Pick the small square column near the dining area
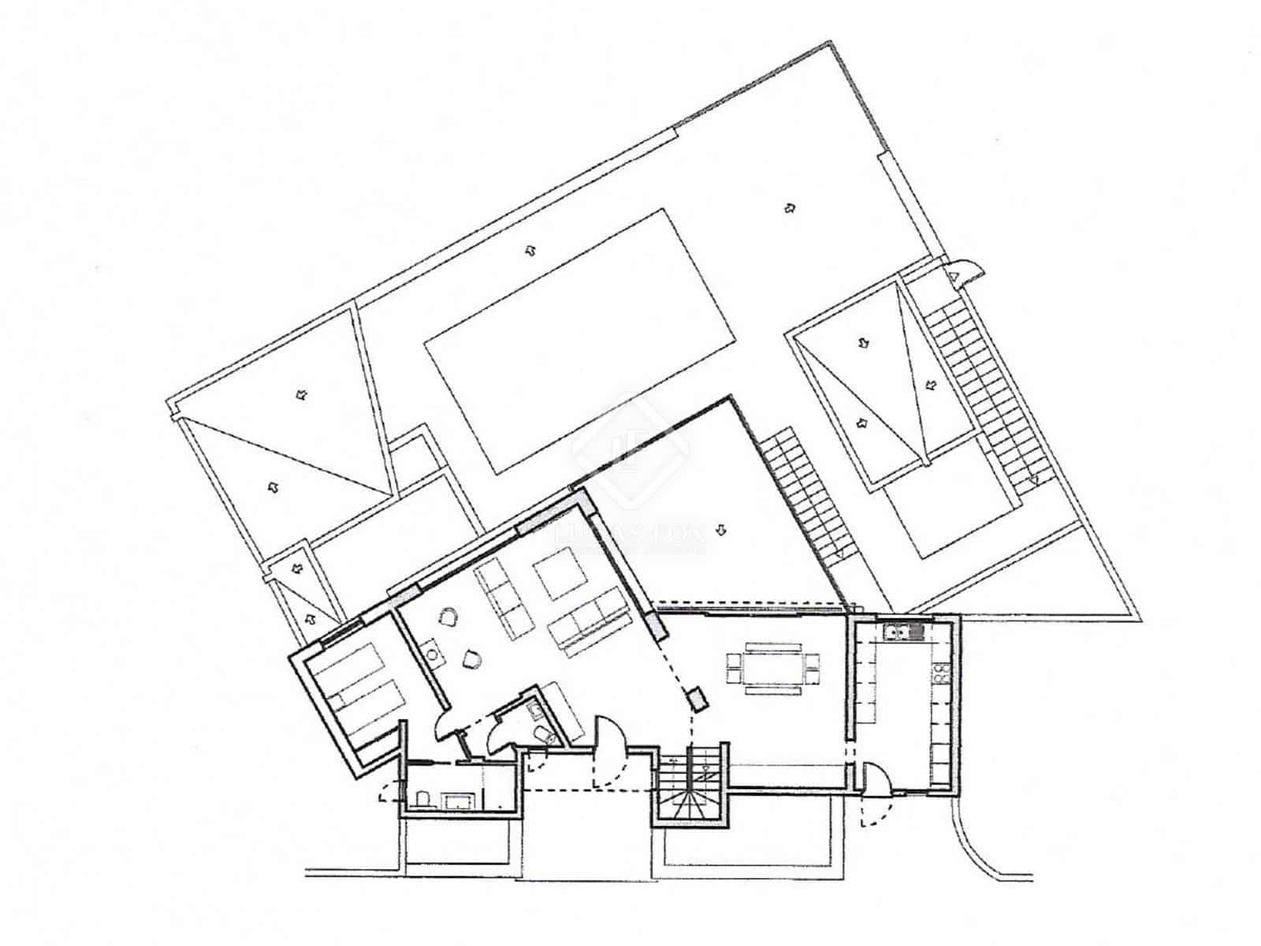(x=697, y=698)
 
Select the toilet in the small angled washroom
(x=545, y=736)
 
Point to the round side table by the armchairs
(x=432, y=651)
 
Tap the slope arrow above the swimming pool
(x=532, y=250)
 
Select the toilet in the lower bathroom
(x=422, y=801)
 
